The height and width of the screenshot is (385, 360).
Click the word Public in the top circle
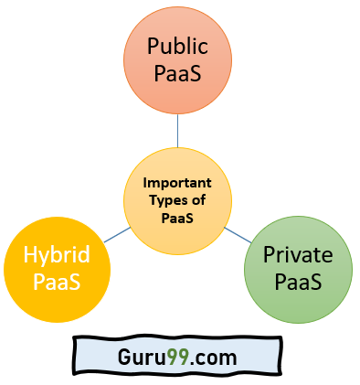point(178,47)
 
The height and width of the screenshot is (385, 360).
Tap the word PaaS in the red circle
point(178,73)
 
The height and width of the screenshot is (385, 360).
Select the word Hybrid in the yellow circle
point(57,255)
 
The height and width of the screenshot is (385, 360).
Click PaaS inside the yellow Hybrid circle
point(57,282)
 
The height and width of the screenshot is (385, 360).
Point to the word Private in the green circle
point(297,254)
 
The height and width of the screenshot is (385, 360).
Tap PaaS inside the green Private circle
point(297,281)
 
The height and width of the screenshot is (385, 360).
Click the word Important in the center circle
point(177,181)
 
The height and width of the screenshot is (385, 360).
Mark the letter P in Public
point(154,47)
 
